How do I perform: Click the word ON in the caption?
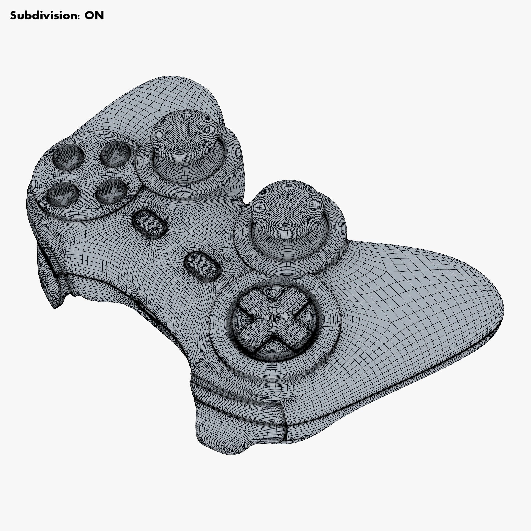tap(94, 15)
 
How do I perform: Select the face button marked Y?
tap(115, 157)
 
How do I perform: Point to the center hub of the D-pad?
tap(274, 316)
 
